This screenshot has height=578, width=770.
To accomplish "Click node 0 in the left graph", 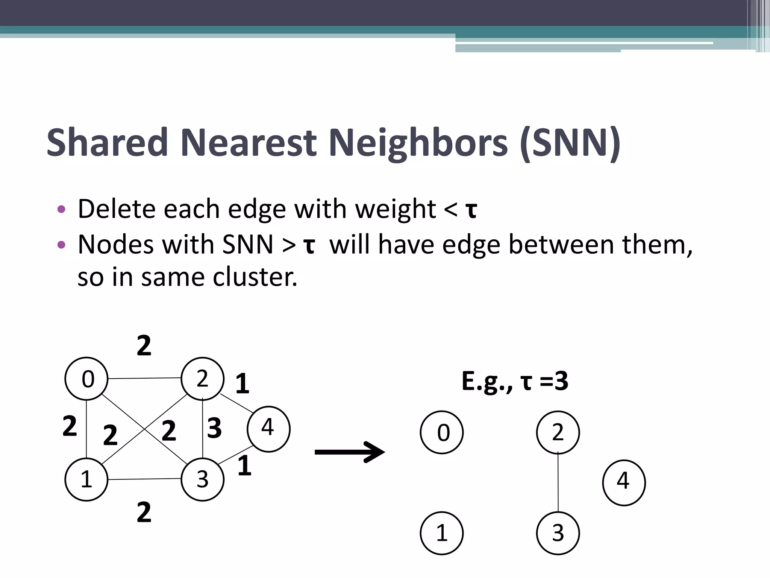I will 86,379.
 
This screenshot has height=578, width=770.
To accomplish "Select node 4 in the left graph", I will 268,429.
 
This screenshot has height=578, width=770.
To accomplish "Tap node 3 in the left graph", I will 202,479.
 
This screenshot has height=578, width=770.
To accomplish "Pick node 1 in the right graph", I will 442,533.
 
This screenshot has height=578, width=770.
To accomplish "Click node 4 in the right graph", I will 624,482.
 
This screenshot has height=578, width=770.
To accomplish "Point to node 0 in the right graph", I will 442,432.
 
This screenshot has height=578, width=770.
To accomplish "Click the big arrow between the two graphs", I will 350,452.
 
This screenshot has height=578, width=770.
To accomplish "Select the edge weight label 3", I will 214,428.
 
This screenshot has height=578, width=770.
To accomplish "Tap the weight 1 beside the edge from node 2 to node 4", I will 242,384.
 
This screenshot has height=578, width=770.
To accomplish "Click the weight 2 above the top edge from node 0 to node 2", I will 144,345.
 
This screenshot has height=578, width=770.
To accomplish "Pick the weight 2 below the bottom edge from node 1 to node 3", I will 144,512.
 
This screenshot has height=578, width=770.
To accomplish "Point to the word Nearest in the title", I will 249,143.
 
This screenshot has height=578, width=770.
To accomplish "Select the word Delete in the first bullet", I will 116,209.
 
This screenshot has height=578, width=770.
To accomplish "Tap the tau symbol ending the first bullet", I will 471,210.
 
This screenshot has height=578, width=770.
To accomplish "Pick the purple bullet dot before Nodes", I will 61,245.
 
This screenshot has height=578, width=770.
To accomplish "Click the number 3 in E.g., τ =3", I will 561,381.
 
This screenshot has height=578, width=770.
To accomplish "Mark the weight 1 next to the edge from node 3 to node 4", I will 244,465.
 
